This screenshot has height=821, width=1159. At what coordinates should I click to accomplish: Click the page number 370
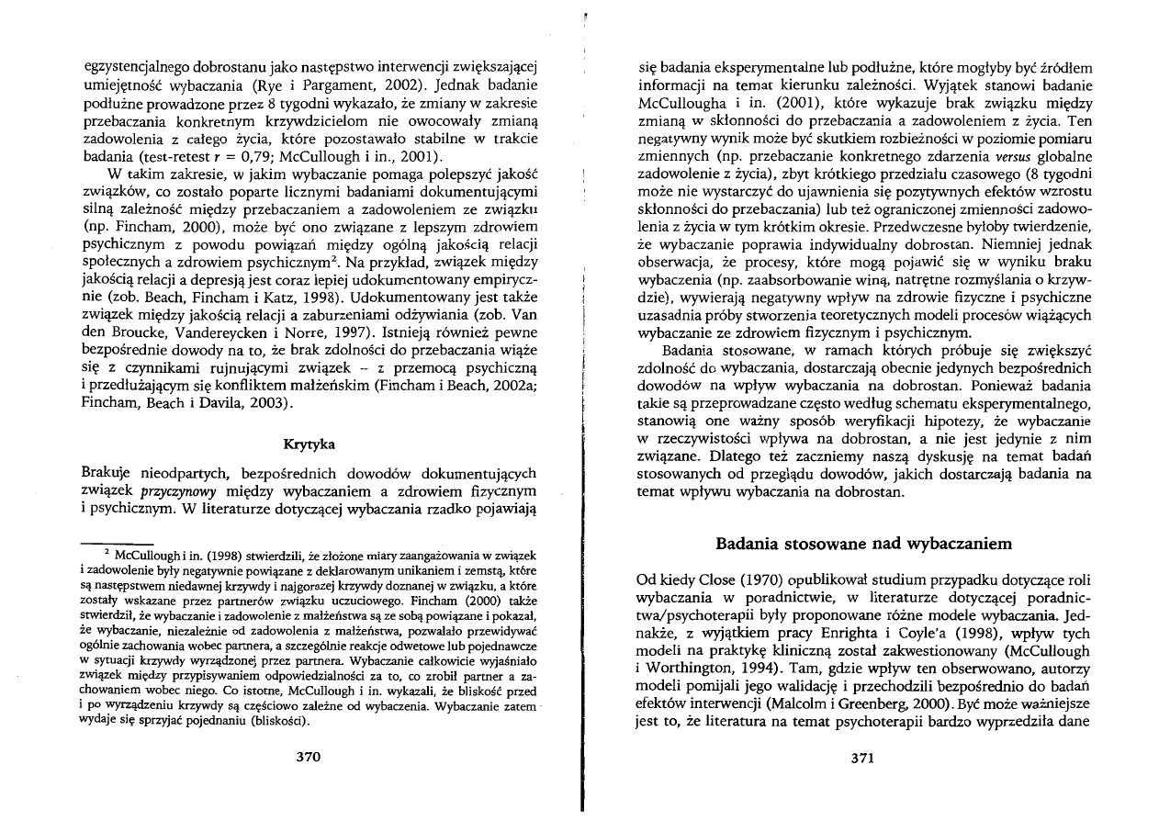tap(308, 758)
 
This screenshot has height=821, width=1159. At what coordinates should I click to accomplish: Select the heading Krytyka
tap(308, 444)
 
